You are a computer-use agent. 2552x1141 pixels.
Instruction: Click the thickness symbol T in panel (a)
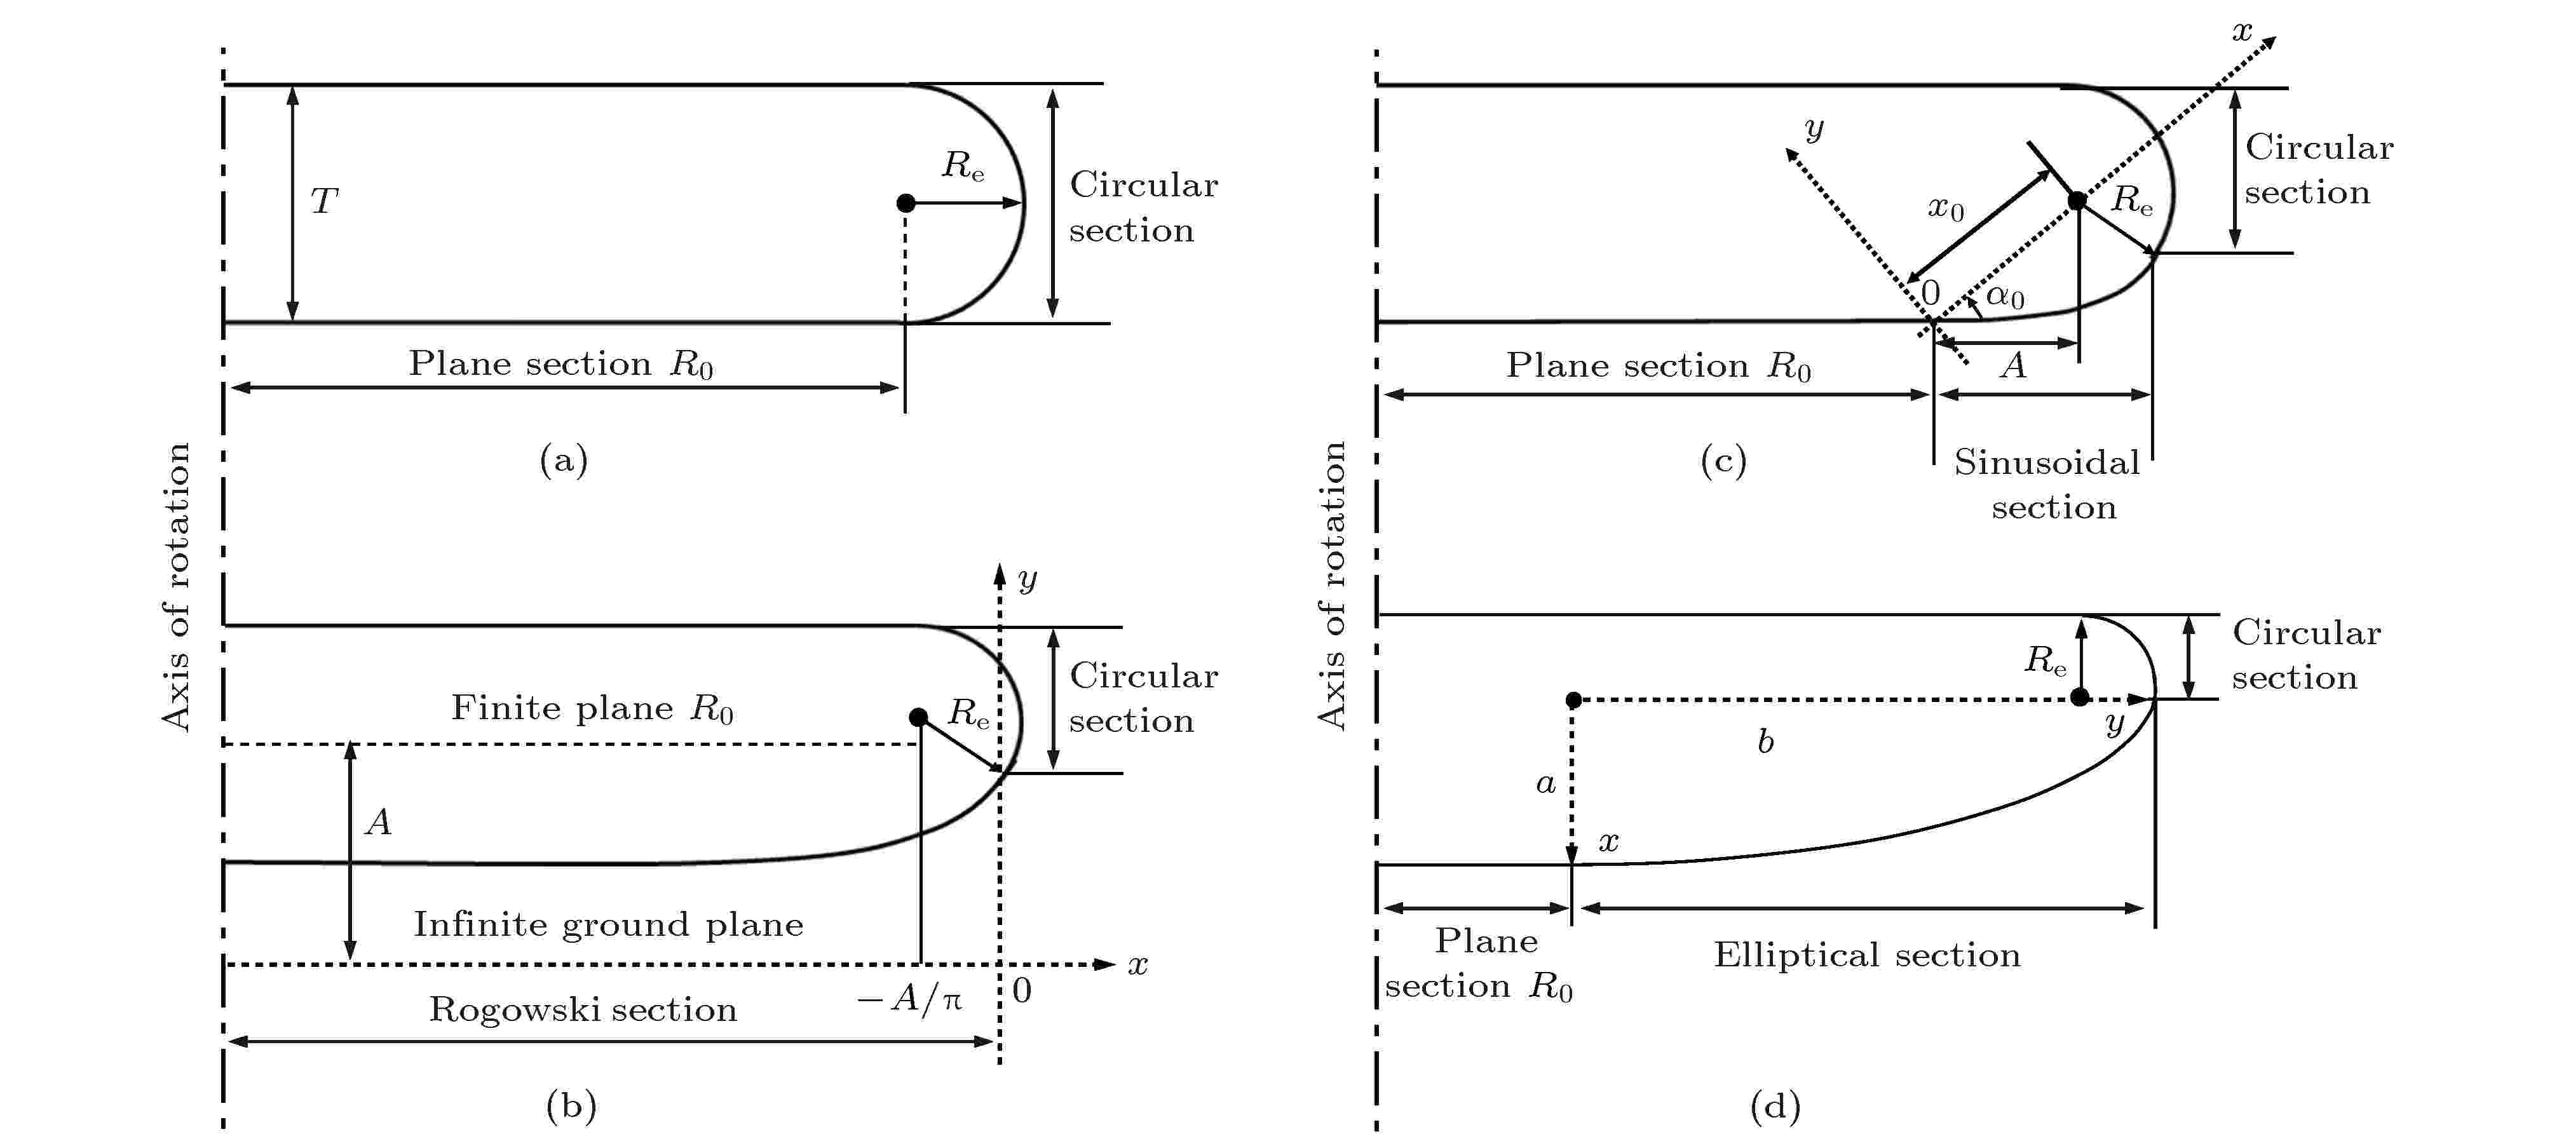click(324, 201)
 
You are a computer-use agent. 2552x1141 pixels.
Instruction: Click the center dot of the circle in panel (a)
click(906, 203)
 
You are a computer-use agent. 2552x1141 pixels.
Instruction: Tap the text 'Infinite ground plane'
click(608, 925)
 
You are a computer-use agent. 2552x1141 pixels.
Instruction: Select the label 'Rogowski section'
click(583, 1009)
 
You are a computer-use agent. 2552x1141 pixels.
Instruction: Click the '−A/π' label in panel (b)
click(909, 999)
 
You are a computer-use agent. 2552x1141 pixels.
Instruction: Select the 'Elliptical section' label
click(1866, 955)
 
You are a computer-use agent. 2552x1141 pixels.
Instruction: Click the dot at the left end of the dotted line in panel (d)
click(1573, 700)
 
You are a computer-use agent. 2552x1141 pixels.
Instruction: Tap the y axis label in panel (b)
click(1028, 578)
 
